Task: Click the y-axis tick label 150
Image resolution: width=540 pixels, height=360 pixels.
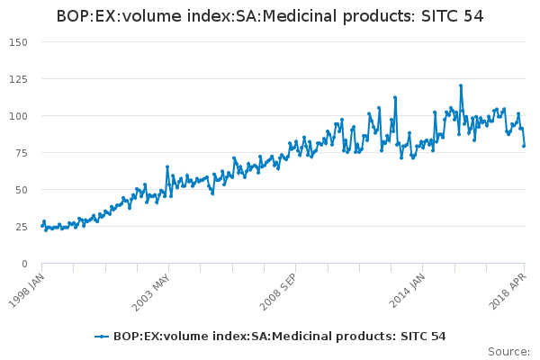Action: (x=18, y=42)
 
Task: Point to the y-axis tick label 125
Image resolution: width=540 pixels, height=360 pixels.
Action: (x=18, y=79)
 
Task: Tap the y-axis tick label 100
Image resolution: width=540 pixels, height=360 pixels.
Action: (x=18, y=116)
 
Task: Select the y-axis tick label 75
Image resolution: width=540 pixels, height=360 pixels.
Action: (x=22, y=153)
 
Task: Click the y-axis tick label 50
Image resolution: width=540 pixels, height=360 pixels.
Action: (x=22, y=190)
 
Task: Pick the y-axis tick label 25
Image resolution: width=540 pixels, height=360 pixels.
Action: (x=22, y=227)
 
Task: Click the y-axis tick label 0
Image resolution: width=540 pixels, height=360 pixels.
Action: (x=25, y=264)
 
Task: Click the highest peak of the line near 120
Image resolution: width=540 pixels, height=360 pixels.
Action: (x=460, y=85)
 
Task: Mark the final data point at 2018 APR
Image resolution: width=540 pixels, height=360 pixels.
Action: (x=524, y=146)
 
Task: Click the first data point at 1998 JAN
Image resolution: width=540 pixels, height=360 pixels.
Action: (x=42, y=225)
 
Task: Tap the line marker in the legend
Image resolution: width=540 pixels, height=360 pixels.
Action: (x=102, y=337)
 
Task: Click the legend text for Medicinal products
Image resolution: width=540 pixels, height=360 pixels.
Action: (x=279, y=337)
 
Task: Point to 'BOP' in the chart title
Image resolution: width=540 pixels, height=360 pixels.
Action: (x=74, y=16)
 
